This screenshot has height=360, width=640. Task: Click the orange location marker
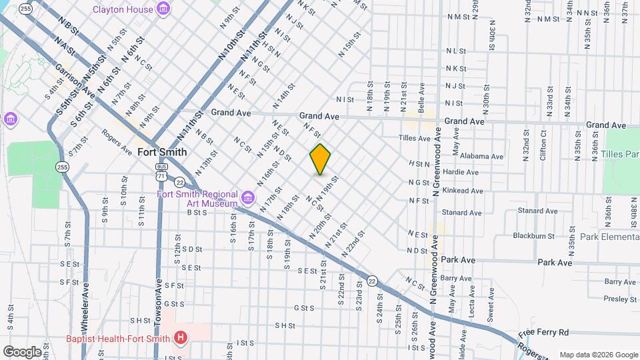pos(320,159)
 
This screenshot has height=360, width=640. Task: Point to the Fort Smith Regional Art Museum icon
pos(247,198)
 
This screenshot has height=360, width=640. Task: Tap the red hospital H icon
pos(179,338)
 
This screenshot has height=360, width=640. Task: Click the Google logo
pos(22,351)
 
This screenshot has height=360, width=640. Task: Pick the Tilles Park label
pos(621,154)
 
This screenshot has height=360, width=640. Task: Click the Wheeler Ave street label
pos(85,307)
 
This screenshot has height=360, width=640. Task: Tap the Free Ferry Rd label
pos(543,332)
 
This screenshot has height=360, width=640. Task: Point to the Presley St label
pos(620,299)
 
